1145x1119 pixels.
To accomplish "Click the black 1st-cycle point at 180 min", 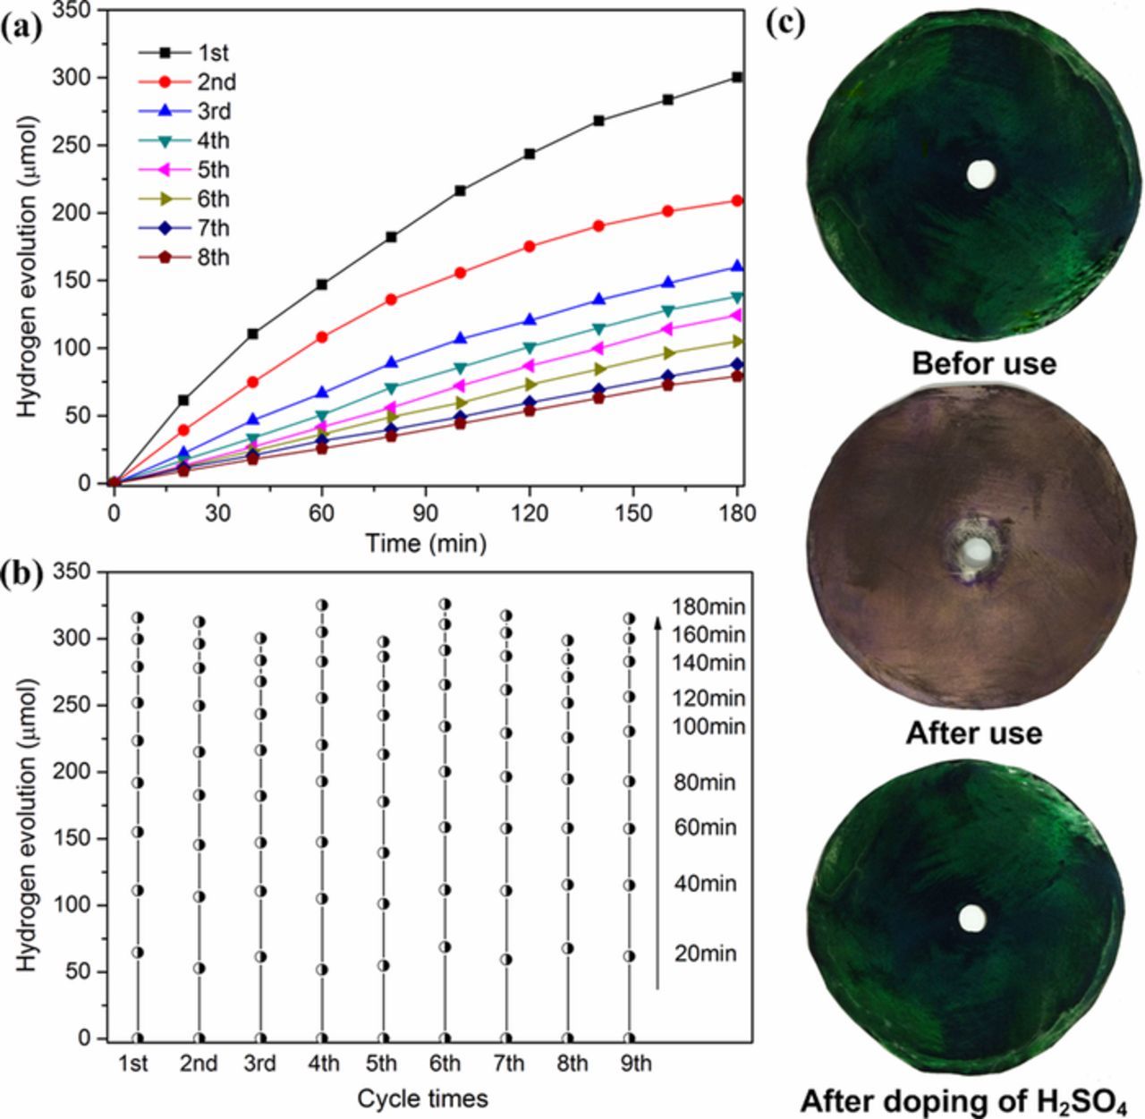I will coord(737,77).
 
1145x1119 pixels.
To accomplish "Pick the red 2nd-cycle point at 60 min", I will coord(322,336).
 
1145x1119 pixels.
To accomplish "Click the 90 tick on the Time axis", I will coord(426,513).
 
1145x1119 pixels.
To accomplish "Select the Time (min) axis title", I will coord(426,542).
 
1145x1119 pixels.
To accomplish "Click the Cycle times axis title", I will coord(422,1098).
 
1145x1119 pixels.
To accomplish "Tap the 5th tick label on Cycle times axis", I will coord(382,1064).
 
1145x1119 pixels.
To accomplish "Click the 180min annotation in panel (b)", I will coord(708,608).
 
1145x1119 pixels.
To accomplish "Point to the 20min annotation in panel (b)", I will coord(706,954).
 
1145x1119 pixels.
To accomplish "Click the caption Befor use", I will coord(984,363).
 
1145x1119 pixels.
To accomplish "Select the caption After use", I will coord(974,733).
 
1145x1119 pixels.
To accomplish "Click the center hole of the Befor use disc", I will coord(981,174).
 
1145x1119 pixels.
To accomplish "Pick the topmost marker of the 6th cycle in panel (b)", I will coord(445,604).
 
